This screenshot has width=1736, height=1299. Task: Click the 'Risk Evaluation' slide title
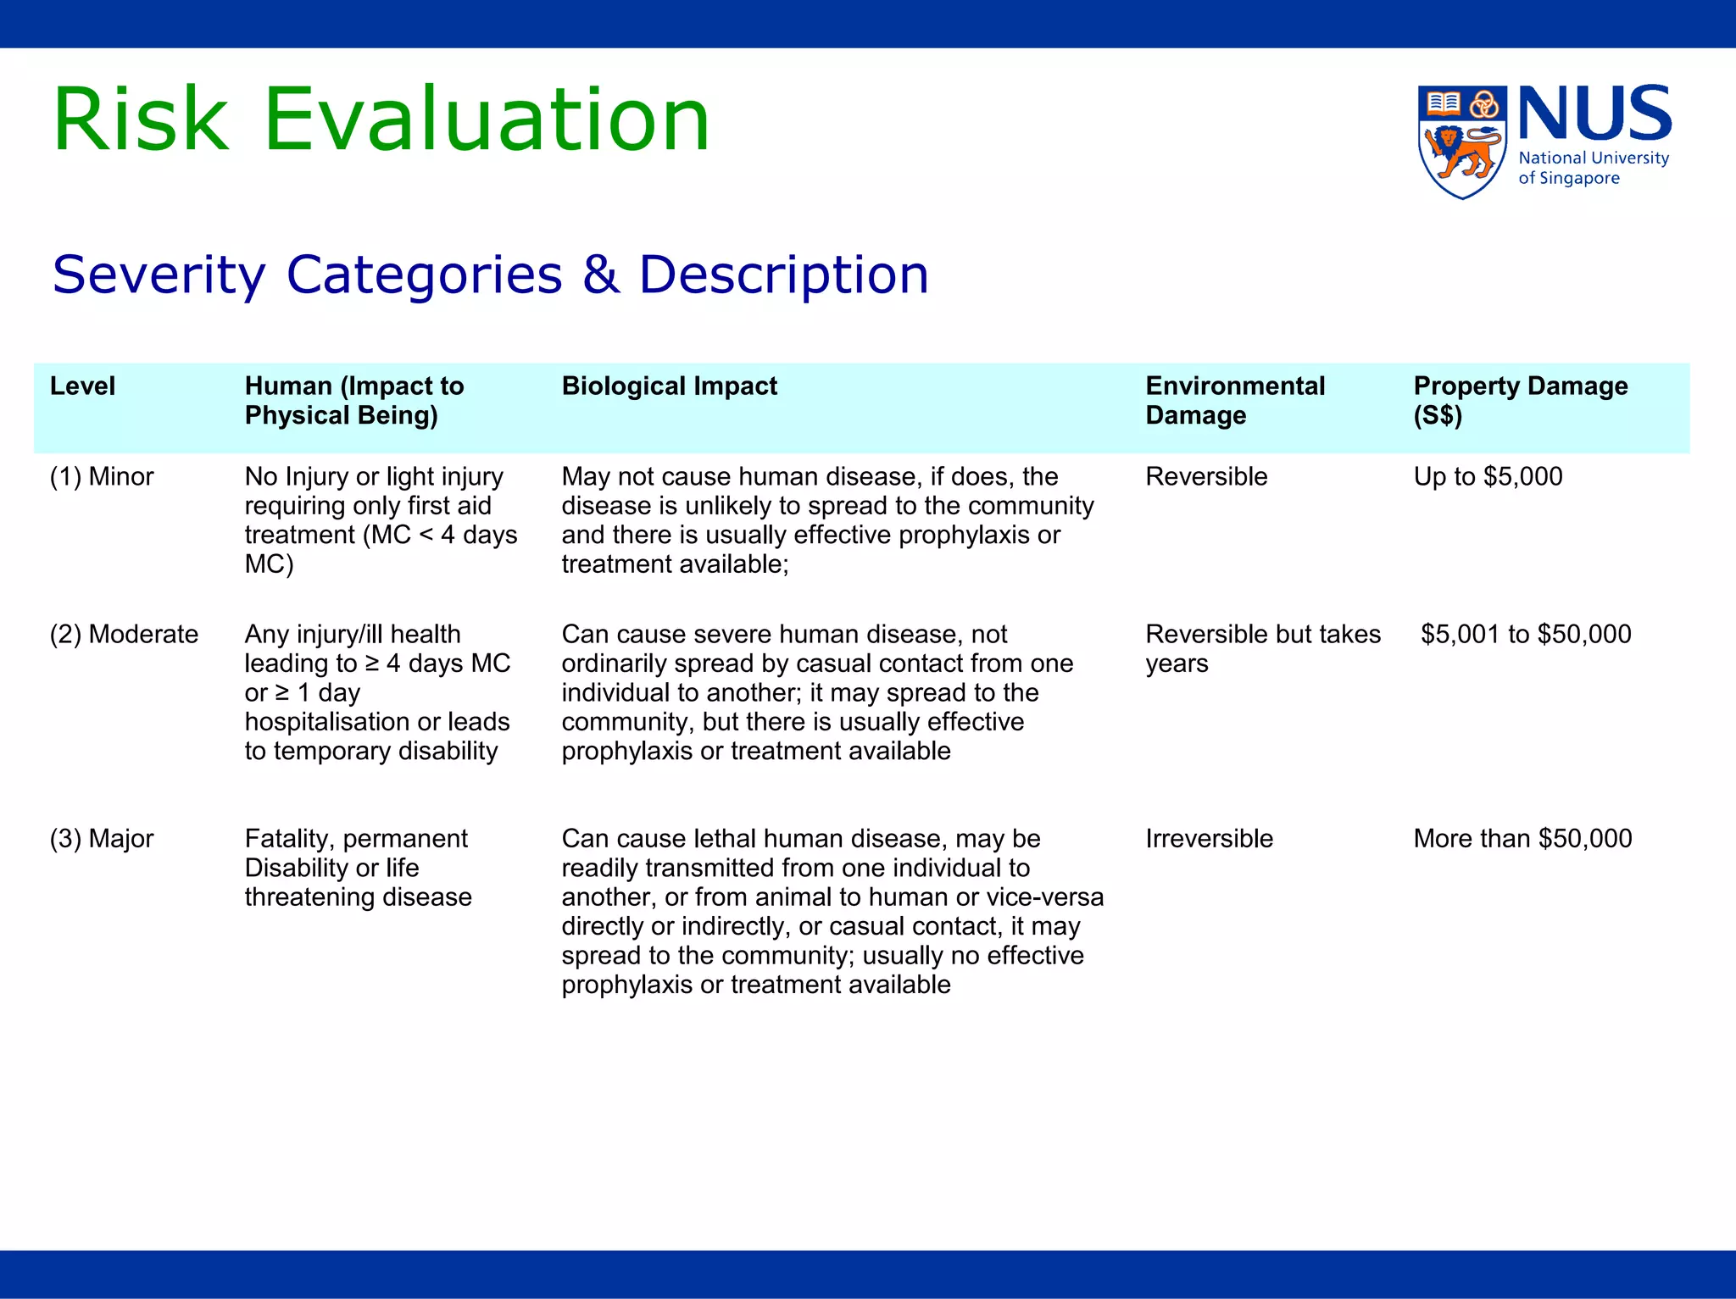click(381, 119)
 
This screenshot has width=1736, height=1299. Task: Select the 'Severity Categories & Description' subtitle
click(490, 275)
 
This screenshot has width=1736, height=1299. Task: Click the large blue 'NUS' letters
click(1594, 114)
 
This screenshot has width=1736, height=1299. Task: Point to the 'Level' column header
click(82, 386)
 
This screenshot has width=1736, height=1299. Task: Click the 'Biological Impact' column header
click(669, 386)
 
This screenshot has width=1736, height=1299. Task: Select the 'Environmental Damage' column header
click(1234, 401)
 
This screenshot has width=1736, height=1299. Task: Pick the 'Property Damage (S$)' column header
click(1520, 401)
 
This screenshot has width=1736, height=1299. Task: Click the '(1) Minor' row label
click(102, 477)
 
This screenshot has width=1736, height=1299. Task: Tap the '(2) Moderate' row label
click(124, 635)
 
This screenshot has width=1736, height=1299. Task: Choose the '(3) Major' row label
click(102, 839)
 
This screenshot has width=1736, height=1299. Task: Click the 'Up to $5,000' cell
click(1488, 477)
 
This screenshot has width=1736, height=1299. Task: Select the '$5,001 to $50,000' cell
click(1526, 635)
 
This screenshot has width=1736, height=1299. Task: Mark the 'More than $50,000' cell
click(1522, 839)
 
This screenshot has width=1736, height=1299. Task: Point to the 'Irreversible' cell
click(1209, 839)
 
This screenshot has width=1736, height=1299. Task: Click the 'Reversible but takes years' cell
click(1262, 649)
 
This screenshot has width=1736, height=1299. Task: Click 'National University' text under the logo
click(1594, 158)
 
